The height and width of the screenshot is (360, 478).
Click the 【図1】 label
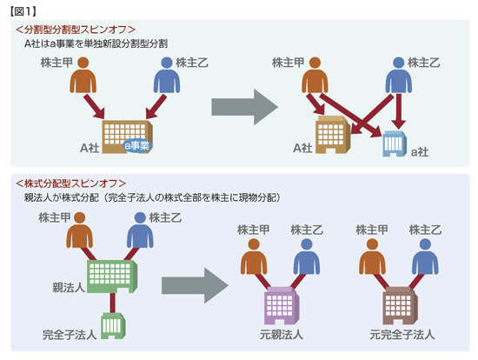(x=23, y=11)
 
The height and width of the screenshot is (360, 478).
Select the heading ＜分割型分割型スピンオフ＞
(x=76, y=30)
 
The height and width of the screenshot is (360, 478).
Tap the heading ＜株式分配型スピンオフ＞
(x=70, y=183)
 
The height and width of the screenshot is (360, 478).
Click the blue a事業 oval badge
(x=137, y=145)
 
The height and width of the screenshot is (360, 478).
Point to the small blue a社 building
(x=395, y=143)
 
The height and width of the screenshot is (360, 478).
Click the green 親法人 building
(x=112, y=277)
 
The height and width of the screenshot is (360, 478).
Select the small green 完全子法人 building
(x=113, y=326)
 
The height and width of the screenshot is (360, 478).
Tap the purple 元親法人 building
(x=281, y=305)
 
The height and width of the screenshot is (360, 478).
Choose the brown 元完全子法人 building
(x=400, y=305)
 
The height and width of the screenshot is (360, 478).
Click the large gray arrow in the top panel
(x=244, y=107)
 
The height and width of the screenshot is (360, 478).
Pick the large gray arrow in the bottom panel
(x=195, y=285)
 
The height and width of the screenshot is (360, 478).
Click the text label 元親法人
(x=281, y=335)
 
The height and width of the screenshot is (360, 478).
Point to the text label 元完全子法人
(x=402, y=335)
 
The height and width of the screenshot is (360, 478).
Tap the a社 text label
(x=420, y=151)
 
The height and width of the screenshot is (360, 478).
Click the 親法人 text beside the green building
(x=69, y=287)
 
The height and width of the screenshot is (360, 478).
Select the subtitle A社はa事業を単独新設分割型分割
(x=96, y=44)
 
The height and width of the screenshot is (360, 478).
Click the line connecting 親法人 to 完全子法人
(x=113, y=303)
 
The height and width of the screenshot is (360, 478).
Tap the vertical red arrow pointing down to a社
(x=399, y=110)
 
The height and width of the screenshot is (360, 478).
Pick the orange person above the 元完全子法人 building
(x=372, y=257)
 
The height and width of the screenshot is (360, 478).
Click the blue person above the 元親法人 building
(x=307, y=257)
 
